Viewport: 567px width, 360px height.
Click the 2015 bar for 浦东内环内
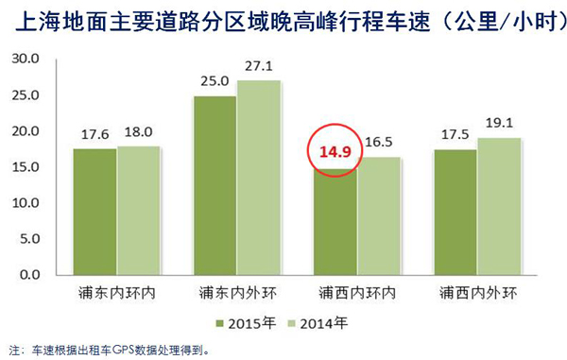click(x=94, y=212)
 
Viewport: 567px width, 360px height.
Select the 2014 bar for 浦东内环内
click(x=138, y=211)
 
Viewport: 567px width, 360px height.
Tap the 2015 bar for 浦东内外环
click(x=215, y=185)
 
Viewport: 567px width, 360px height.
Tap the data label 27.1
click(x=259, y=67)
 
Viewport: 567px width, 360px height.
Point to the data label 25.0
click(x=214, y=81)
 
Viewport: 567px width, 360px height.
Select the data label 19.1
click(x=498, y=124)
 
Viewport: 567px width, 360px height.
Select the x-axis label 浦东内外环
click(x=236, y=292)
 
